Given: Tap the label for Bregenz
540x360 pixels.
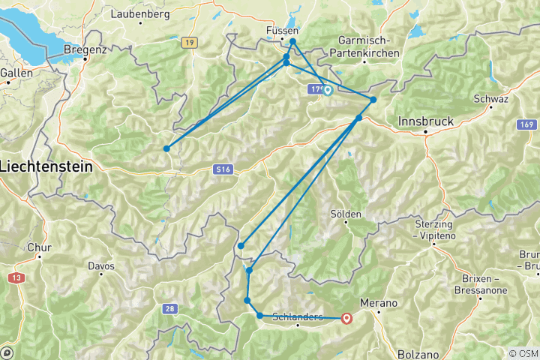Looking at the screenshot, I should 85,49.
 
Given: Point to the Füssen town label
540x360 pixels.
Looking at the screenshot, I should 283,31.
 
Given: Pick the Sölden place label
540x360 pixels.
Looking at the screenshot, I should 346,214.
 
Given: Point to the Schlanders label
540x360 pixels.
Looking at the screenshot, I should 298,317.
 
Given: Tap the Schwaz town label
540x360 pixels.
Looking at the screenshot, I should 492,100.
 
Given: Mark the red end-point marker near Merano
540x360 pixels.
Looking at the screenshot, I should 346,318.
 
